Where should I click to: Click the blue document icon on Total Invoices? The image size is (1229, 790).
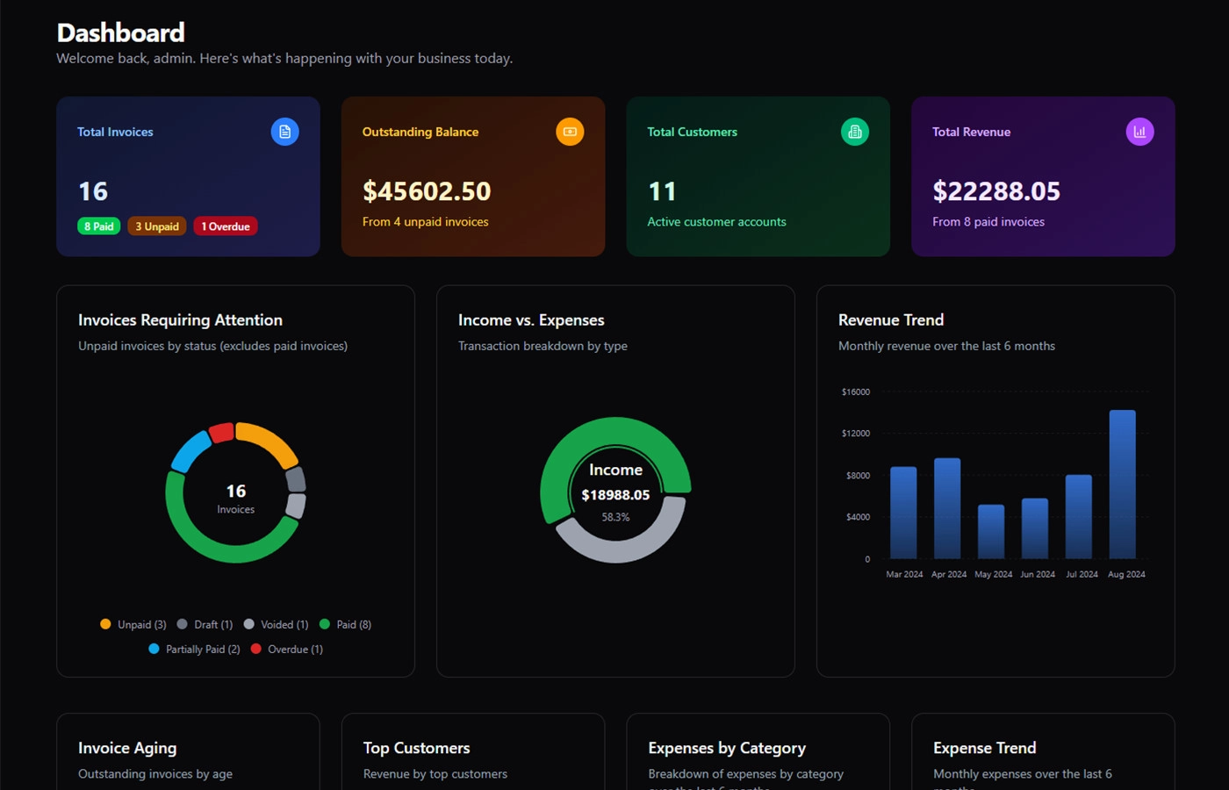click(284, 132)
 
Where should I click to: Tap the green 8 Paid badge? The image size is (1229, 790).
click(99, 226)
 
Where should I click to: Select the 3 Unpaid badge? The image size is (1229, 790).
click(157, 226)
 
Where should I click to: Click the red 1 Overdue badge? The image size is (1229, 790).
click(226, 226)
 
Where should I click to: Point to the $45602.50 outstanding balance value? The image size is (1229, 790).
click(427, 191)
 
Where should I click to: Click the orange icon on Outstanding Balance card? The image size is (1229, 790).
click(570, 132)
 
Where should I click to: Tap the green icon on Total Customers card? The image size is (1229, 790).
click(855, 132)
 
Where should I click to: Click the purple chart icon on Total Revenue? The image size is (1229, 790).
click(1139, 132)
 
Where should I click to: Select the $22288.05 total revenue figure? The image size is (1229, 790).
click(996, 191)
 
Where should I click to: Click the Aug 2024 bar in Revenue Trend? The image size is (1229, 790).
click(1122, 484)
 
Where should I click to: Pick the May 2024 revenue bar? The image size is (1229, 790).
click(991, 531)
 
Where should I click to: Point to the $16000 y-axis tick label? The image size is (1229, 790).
click(856, 392)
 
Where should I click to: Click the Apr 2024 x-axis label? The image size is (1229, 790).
click(949, 575)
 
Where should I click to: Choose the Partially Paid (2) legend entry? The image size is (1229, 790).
click(195, 650)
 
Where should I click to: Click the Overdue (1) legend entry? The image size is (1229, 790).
click(287, 650)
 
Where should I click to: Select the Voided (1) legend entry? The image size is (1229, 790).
click(277, 625)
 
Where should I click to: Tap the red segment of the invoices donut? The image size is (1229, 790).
click(221, 432)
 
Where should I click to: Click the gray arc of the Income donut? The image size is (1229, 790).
click(620, 549)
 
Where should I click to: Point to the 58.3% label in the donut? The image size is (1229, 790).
click(615, 518)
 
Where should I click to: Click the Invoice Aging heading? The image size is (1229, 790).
click(127, 748)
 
